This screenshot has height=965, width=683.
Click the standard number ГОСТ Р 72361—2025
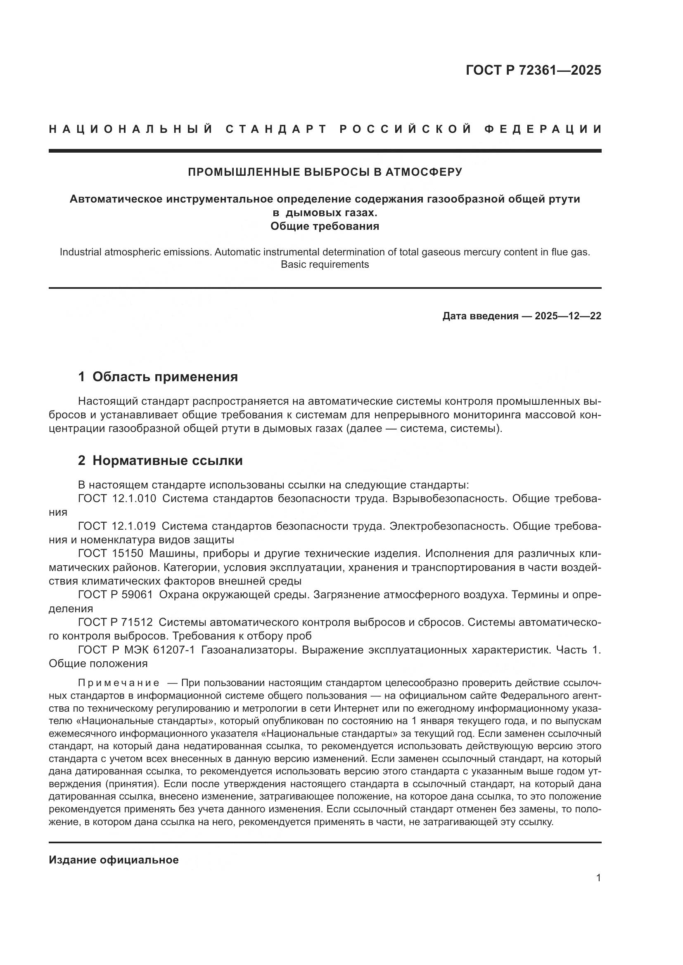(533, 70)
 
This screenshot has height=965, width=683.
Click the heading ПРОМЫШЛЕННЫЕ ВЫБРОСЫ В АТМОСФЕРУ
(325, 172)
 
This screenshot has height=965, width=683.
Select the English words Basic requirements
(325, 264)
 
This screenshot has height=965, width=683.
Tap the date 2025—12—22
(568, 316)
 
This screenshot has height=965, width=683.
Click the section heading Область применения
(165, 377)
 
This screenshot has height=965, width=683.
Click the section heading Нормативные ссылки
(167, 461)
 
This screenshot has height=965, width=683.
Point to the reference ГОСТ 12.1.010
(117, 498)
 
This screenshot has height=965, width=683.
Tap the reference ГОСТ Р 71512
(115, 622)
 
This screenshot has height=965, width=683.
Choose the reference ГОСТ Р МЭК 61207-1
(136, 650)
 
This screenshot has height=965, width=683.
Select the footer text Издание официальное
(114, 860)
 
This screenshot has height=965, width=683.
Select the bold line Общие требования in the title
(325, 226)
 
